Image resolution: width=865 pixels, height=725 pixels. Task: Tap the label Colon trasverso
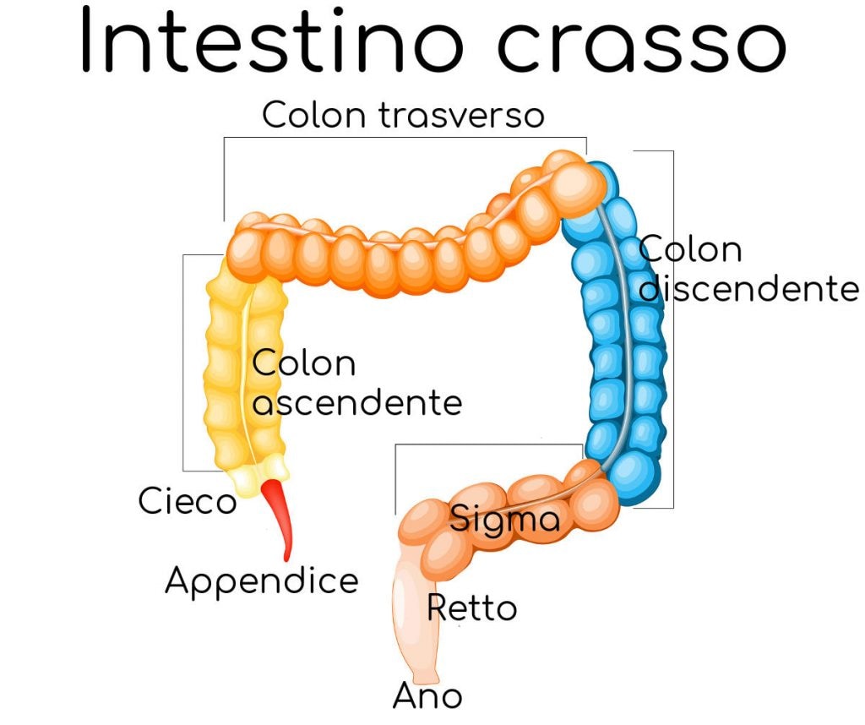[x=403, y=115]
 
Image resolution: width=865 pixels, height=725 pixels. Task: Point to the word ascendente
[x=357, y=402]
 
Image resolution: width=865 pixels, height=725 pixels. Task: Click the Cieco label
[x=187, y=502]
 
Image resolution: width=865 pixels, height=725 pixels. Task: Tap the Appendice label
[x=261, y=581]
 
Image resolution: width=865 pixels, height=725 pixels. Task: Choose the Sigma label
[x=504, y=518]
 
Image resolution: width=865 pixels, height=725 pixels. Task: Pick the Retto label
[x=471, y=608]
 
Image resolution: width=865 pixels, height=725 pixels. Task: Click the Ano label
[x=427, y=696]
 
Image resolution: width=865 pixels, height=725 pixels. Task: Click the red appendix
[x=279, y=515]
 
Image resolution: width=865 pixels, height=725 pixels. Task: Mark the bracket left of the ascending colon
[x=184, y=363]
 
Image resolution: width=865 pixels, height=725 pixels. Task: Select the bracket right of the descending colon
[x=672, y=330]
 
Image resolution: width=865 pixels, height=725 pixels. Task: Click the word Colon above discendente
[x=690, y=250]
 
